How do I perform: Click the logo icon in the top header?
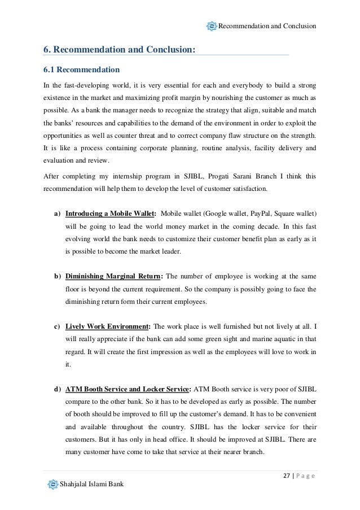coord(212,25)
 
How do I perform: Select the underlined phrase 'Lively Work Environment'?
coord(107,326)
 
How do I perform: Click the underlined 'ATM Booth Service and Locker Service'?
coord(128,389)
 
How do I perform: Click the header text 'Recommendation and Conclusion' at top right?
coord(267,26)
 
